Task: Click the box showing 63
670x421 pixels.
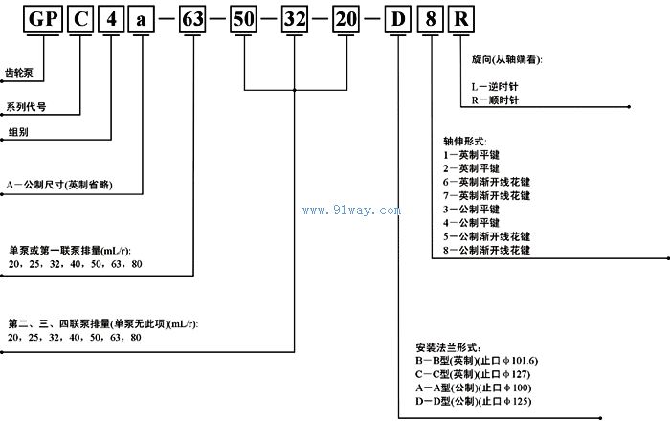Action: point(194,18)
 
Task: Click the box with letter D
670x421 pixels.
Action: point(398,18)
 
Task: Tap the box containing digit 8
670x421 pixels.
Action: point(430,18)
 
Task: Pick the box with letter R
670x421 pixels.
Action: point(459,18)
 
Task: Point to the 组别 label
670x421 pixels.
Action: point(17,129)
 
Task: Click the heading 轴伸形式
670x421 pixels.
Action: point(466,140)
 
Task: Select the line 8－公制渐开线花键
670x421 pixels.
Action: point(485,250)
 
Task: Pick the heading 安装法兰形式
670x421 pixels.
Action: point(449,346)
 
